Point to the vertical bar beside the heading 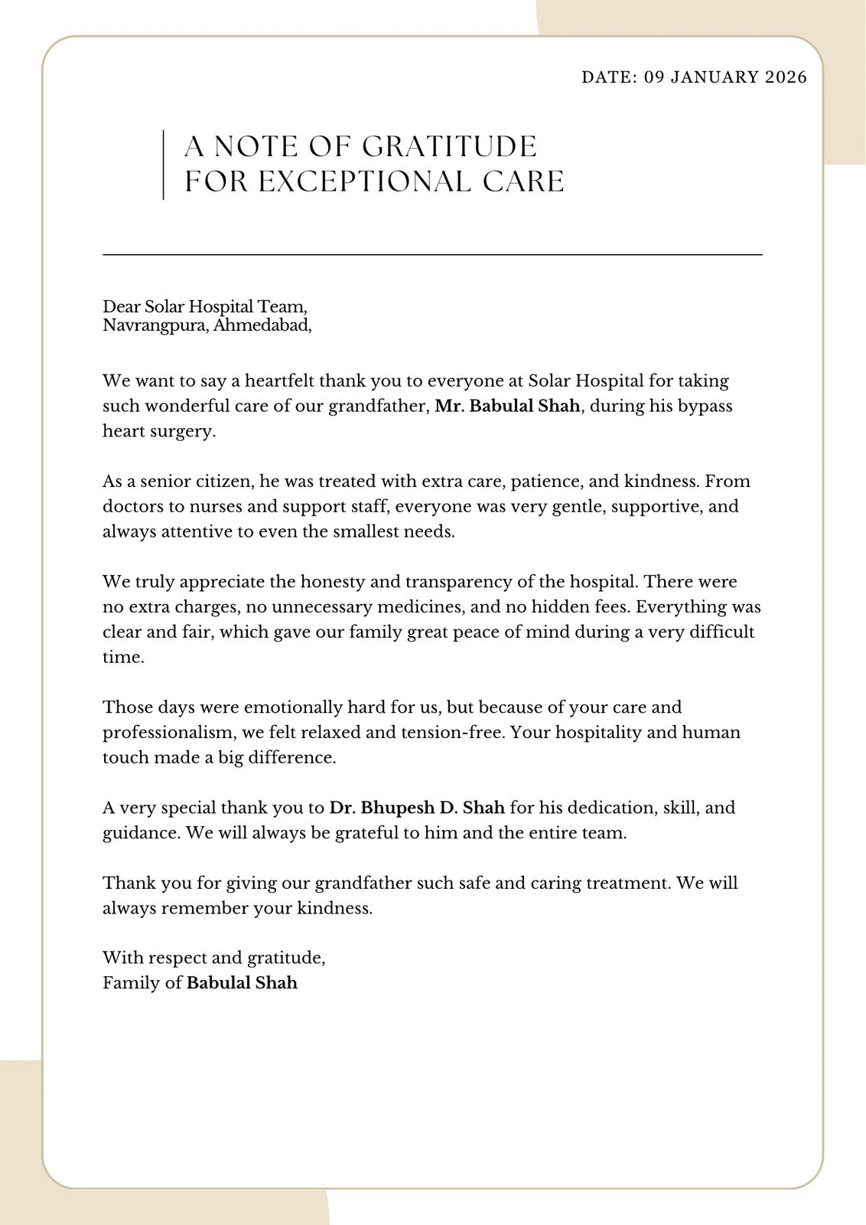pos(164,165)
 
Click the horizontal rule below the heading pos(432,254)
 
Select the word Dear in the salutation pos(122,307)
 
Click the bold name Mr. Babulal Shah pos(507,406)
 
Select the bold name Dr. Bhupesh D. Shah pos(417,808)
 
